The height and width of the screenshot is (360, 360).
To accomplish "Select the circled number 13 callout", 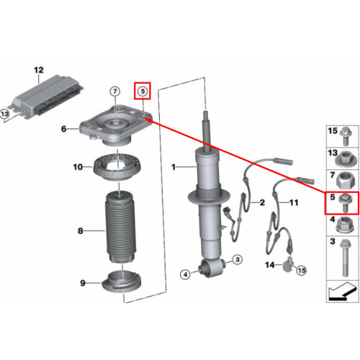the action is [5, 114].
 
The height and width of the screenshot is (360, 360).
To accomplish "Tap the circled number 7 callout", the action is [115, 91].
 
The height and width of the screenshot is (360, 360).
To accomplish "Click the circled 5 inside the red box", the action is [143, 91].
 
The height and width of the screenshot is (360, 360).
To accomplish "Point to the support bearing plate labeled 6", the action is [116, 126].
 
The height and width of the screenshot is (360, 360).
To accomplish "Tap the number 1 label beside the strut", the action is [174, 167].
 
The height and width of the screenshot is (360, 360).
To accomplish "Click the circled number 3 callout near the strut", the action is [238, 259].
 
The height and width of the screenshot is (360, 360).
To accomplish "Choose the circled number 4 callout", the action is [185, 274].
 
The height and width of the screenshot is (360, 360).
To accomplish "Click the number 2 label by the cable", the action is [262, 202].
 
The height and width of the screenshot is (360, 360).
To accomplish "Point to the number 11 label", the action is [294, 203].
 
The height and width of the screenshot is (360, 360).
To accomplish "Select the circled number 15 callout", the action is [302, 271].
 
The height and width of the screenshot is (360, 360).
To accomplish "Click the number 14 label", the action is [270, 265].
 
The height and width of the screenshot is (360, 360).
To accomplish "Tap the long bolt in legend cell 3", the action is [345, 258].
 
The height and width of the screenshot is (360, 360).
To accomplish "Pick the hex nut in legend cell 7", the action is [345, 181].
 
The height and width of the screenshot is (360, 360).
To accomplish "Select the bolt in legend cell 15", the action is [346, 136].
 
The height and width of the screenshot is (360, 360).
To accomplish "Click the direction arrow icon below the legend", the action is [342, 291].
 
